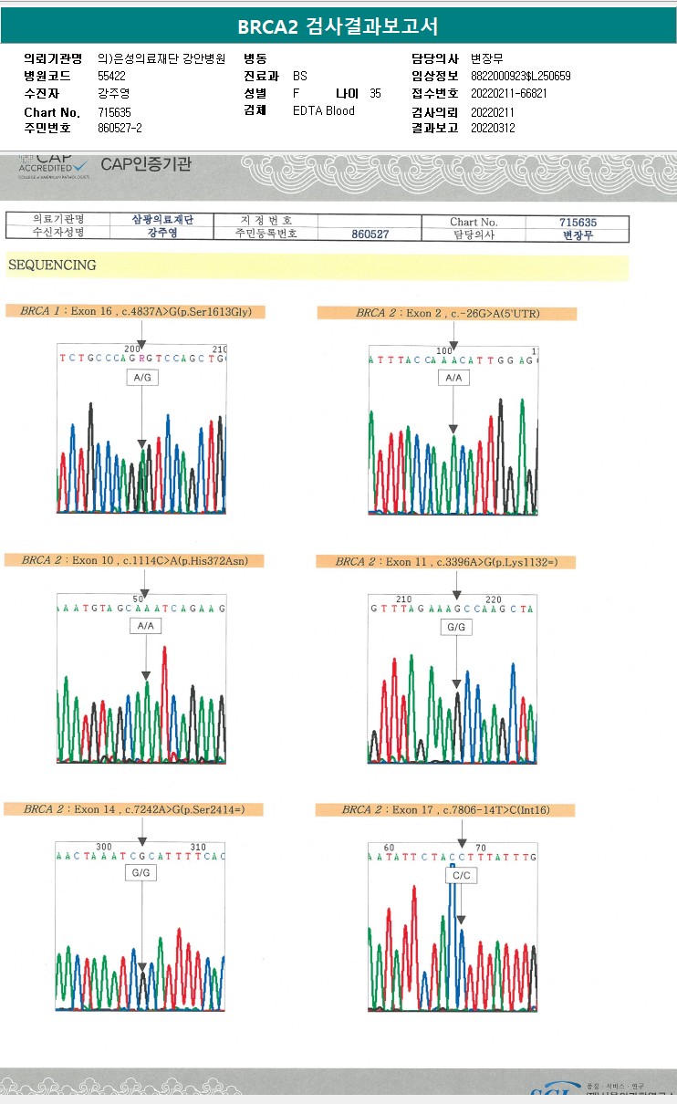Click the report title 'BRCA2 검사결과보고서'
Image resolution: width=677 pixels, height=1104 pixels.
pos(338,26)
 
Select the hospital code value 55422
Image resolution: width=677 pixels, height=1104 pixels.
pos(111,76)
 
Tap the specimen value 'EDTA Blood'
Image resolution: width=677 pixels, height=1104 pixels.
pos(324,110)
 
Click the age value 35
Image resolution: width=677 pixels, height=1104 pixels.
pos(375,93)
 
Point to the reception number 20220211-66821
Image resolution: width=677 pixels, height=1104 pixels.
pos(508,93)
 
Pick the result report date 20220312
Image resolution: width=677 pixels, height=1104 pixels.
pos(493,128)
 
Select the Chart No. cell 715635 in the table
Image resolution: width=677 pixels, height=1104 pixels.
pos(578,222)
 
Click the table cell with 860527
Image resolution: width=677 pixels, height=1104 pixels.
pos(370,234)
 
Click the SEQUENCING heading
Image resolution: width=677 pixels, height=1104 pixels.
pos(52,266)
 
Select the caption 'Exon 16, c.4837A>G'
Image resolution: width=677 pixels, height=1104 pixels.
pos(141,311)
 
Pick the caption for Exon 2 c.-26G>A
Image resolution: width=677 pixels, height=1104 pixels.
pos(447,313)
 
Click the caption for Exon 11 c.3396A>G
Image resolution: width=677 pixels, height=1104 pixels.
pos(446,561)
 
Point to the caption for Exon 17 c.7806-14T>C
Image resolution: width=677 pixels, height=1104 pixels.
pos(445,809)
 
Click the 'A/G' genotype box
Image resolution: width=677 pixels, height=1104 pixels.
pos(142,377)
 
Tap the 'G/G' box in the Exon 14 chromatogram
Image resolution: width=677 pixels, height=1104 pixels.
pos(141,873)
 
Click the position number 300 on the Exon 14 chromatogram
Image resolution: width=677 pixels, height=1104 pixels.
pos(104,846)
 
